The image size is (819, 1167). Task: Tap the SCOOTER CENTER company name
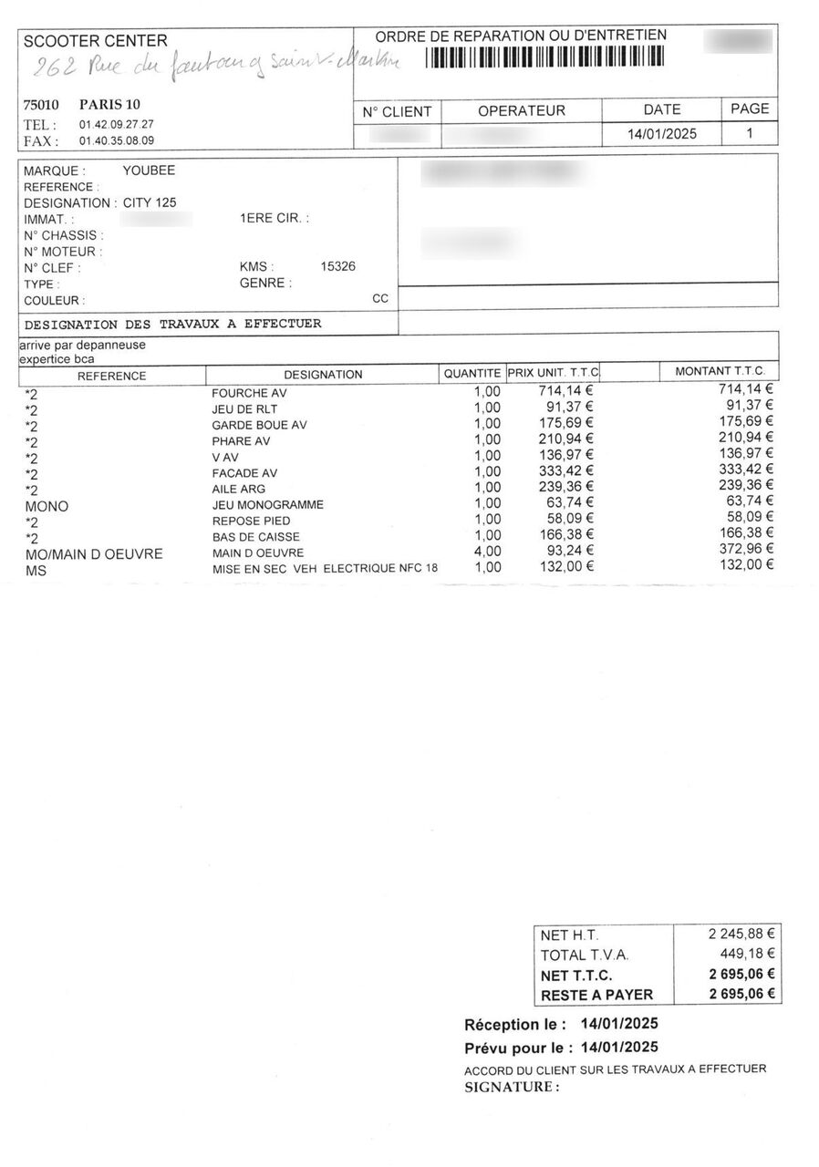click(x=95, y=41)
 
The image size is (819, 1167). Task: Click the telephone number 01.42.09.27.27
click(x=116, y=124)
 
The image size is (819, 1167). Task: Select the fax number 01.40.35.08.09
click(x=116, y=141)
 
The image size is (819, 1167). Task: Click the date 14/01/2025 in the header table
click(x=661, y=134)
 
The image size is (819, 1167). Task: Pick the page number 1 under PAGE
click(x=750, y=133)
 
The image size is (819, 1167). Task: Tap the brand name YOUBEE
click(x=149, y=170)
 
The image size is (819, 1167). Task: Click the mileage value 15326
click(x=338, y=266)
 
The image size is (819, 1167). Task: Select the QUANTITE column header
click(x=472, y=374)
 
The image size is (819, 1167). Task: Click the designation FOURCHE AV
click(x=249, y=393)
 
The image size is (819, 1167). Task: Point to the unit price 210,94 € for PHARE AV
click(x=565, y=440)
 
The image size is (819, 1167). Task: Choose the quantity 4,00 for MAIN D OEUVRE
click(x=487, y=552)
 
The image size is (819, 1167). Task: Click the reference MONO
click(x=47, y=505)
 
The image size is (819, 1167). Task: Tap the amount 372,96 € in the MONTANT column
click(x=746, y=549)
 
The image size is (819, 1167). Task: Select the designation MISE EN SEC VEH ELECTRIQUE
click(x=325, y=568)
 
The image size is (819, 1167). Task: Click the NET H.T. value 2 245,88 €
click(x=741, y=934)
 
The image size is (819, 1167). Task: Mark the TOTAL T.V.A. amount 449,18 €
click(x=747, y=954)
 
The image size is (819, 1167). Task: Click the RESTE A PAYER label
click(x=596, y=995)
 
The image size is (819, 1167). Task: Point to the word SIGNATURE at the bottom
click(x=510, y=1087)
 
